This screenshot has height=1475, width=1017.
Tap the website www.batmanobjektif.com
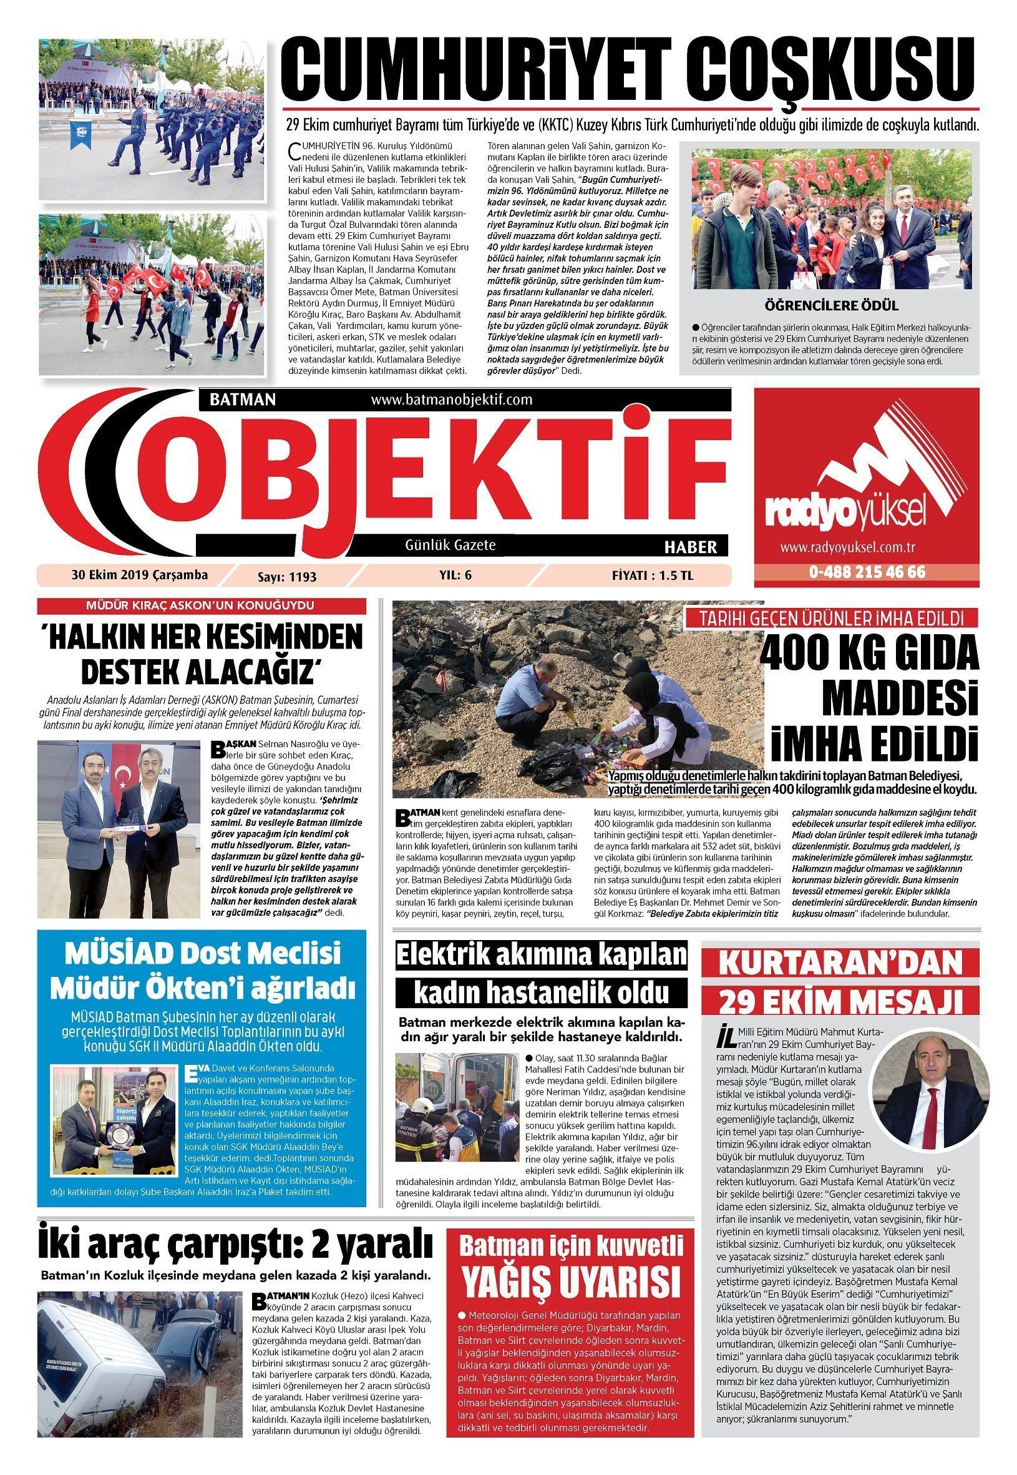tap(450, 399)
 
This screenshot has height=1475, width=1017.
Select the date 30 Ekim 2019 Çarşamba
tap(140, 575)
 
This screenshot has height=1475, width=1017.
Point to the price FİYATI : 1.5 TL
tap(652, 576)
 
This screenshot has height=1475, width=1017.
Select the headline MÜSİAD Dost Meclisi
tap(202, 954)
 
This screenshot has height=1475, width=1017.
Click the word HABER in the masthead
tap(691, 546)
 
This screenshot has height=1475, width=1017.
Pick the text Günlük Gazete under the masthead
tap(450, 545)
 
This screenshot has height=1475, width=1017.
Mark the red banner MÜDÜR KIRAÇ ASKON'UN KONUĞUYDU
tap(202, 605)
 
